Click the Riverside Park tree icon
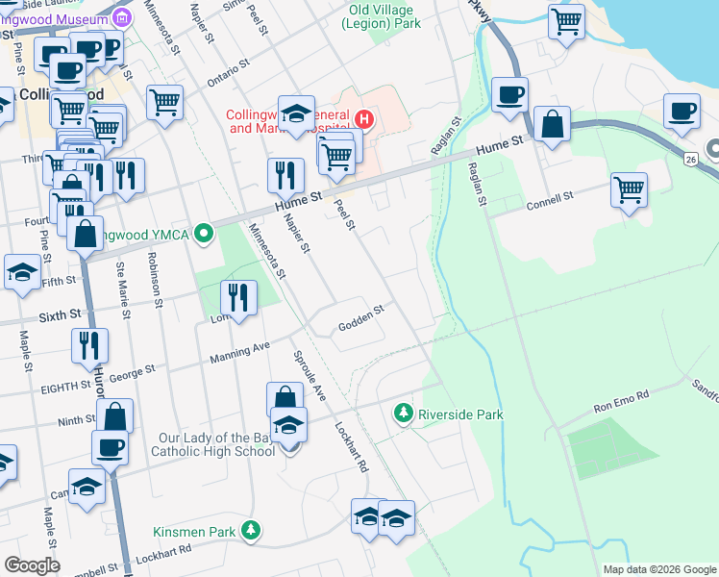(x=403, y=414)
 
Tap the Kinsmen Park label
(x=195, y=531)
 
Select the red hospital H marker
(x=364, y=120)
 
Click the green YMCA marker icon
(x=203, y=232)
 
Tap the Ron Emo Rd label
(x=621, y=395)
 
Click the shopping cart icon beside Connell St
(x=629, y=189)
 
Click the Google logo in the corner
(x=32, y=564)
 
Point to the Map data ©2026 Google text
(x=658, y=569)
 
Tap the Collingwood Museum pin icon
(x=121, y=16)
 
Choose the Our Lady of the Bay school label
(x=216, y=444)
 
